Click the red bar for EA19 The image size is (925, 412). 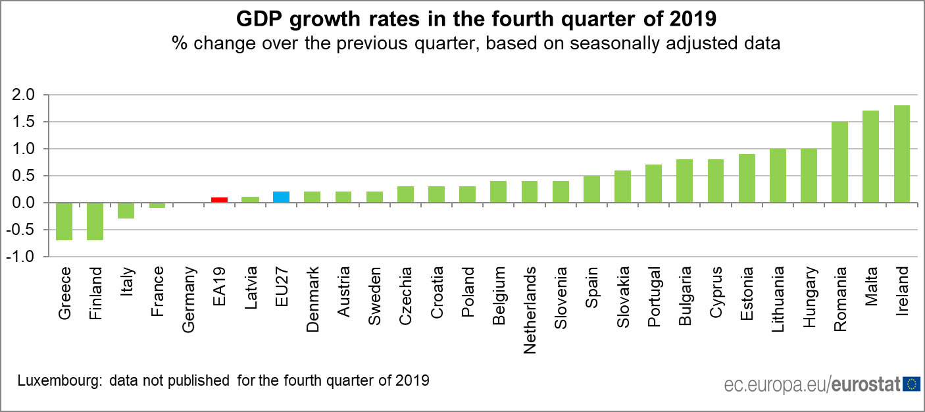click(219, 199)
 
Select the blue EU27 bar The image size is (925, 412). click(281, 197)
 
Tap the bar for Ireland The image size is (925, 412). click(901, 154)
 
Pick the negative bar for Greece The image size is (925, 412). click(64, 221)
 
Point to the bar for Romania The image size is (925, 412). click(839, 162)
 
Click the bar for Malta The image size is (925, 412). click(870, 157)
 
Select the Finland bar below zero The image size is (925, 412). click(95, 221)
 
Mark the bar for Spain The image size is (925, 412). click(591, 189)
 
